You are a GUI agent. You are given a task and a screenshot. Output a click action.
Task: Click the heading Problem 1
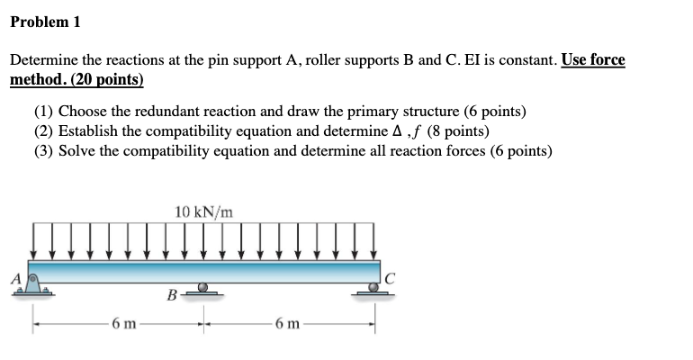click(45, 22)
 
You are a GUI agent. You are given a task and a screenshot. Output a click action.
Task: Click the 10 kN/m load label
click(204, 211)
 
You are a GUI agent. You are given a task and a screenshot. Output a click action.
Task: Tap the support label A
click(15, 278)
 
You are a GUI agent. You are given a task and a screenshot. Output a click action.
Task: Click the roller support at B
click(204, 289)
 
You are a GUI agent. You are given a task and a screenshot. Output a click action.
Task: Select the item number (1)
click(43, 112)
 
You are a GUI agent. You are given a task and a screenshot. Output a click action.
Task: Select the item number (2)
click(43, 131)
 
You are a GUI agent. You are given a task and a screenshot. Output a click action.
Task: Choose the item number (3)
click(43, 150)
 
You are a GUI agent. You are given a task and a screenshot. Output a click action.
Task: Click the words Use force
click(592, 60)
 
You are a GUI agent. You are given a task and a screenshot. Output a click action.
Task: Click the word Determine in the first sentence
click(45, 60)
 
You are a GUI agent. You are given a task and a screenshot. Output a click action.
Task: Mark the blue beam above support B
click(204, 272)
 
